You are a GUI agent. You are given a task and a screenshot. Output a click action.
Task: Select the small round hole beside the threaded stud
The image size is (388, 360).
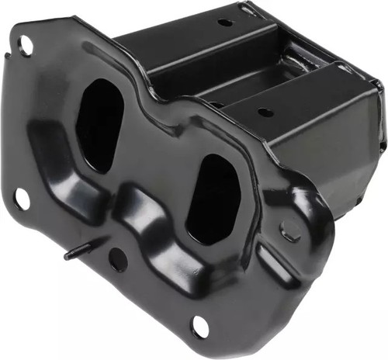tap(118, 260)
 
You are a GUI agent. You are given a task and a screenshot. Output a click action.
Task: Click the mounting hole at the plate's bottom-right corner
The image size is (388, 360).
tap(199, 326)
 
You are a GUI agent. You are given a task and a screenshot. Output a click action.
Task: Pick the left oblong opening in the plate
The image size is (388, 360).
tap(99, 124)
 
